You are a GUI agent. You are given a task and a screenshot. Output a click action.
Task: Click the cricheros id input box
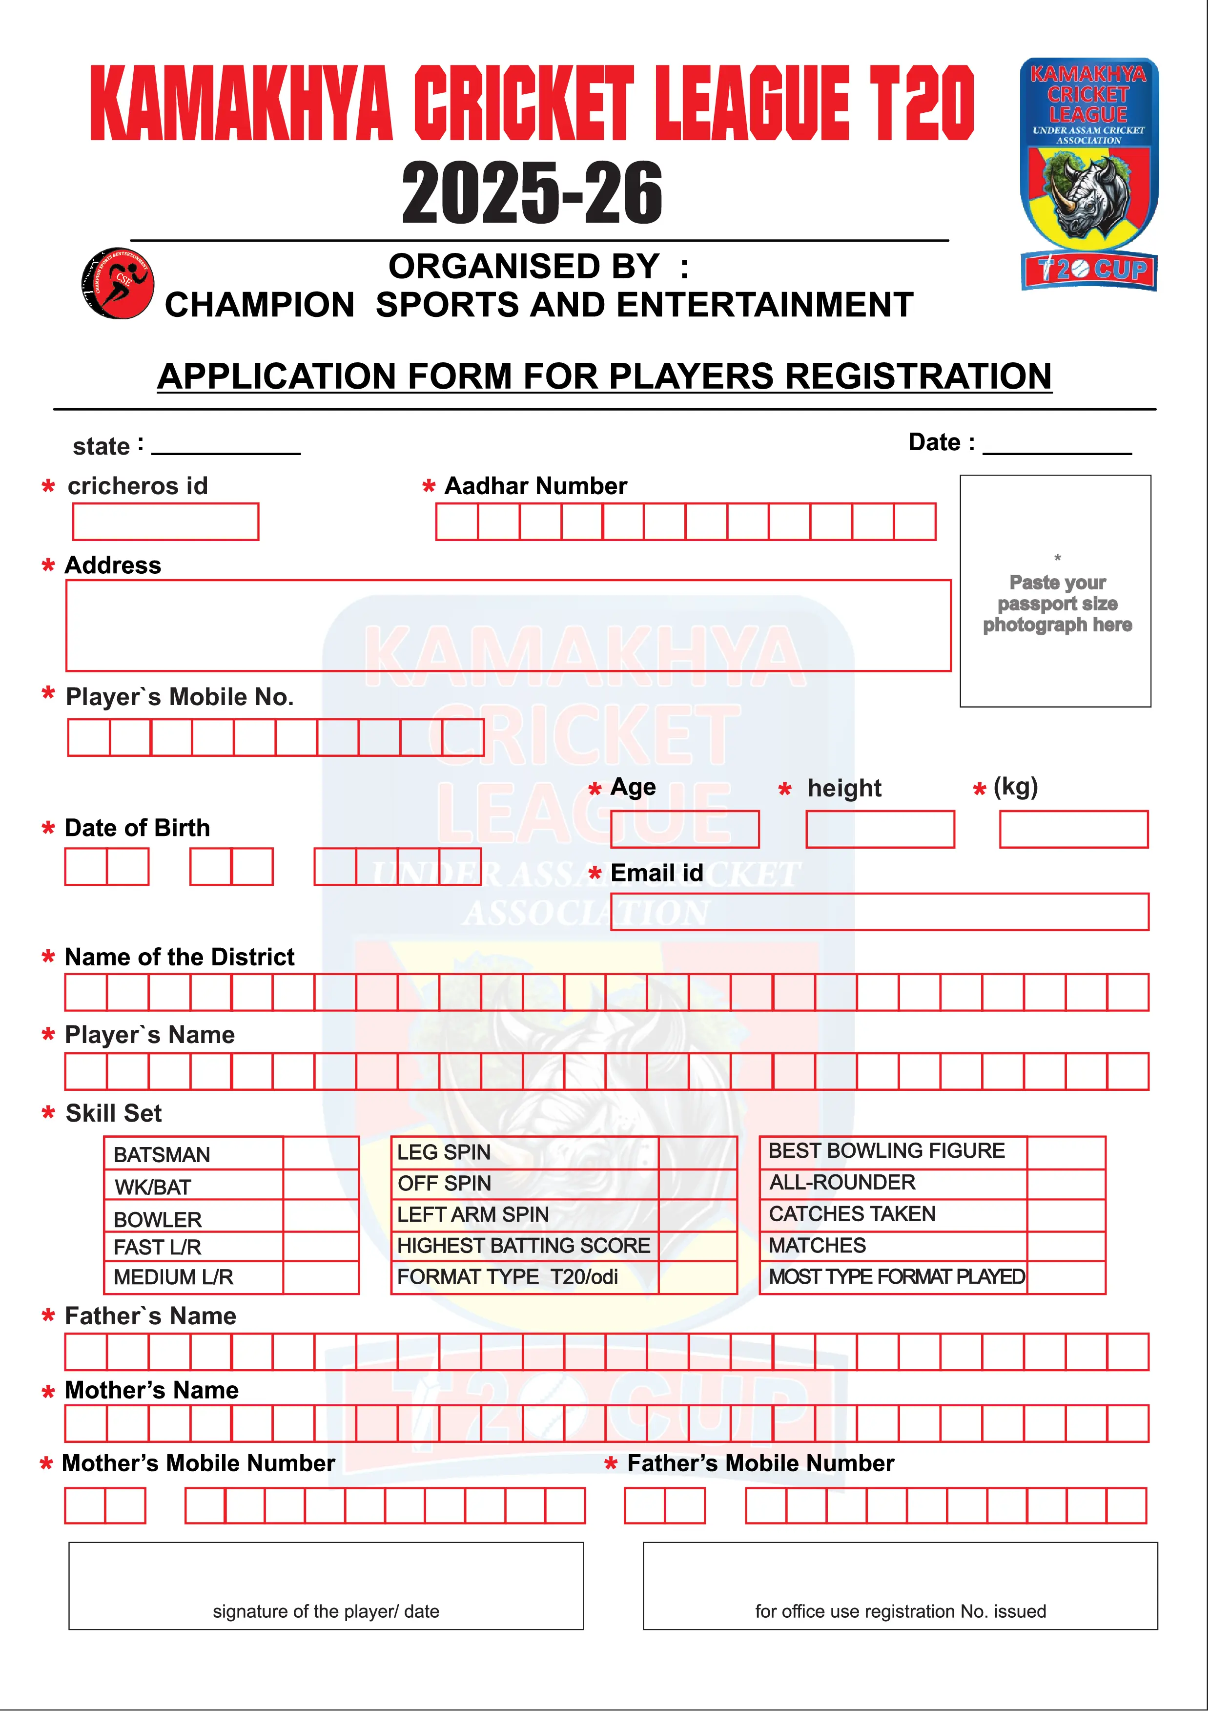coord(165,522)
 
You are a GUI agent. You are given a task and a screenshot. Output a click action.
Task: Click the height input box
coord(880,830)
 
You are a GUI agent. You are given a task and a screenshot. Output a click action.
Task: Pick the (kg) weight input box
coord(1074,830)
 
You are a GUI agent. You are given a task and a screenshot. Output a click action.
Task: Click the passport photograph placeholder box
coord(1055,591)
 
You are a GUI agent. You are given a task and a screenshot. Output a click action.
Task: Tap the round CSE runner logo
coord(117,284)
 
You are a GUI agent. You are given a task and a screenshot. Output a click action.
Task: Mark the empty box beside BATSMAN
coord(320,1153)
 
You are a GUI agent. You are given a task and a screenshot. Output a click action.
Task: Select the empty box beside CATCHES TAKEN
coord(1066,1215)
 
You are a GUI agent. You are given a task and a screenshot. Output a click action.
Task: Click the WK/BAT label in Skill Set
coord(153,1187)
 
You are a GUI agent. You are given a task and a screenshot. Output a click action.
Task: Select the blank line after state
coord(226,447)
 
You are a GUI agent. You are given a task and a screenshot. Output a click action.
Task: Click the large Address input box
coord(508,625)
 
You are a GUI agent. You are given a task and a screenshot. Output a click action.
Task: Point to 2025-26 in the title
coord(532,194)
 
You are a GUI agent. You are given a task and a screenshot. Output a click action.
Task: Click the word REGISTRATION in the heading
coord(918,376)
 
